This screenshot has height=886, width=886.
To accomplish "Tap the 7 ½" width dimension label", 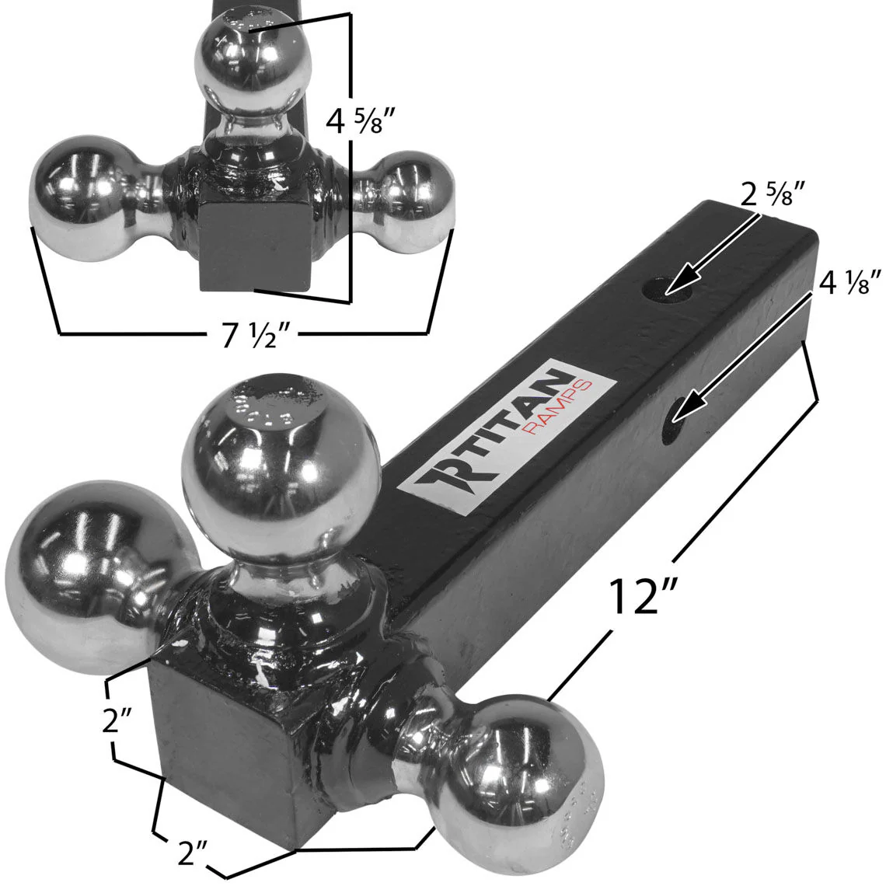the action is tap(252, 337).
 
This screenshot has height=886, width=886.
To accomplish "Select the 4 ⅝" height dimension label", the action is tap(359, 120).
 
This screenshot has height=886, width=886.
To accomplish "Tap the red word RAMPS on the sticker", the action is tap(543, 414).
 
